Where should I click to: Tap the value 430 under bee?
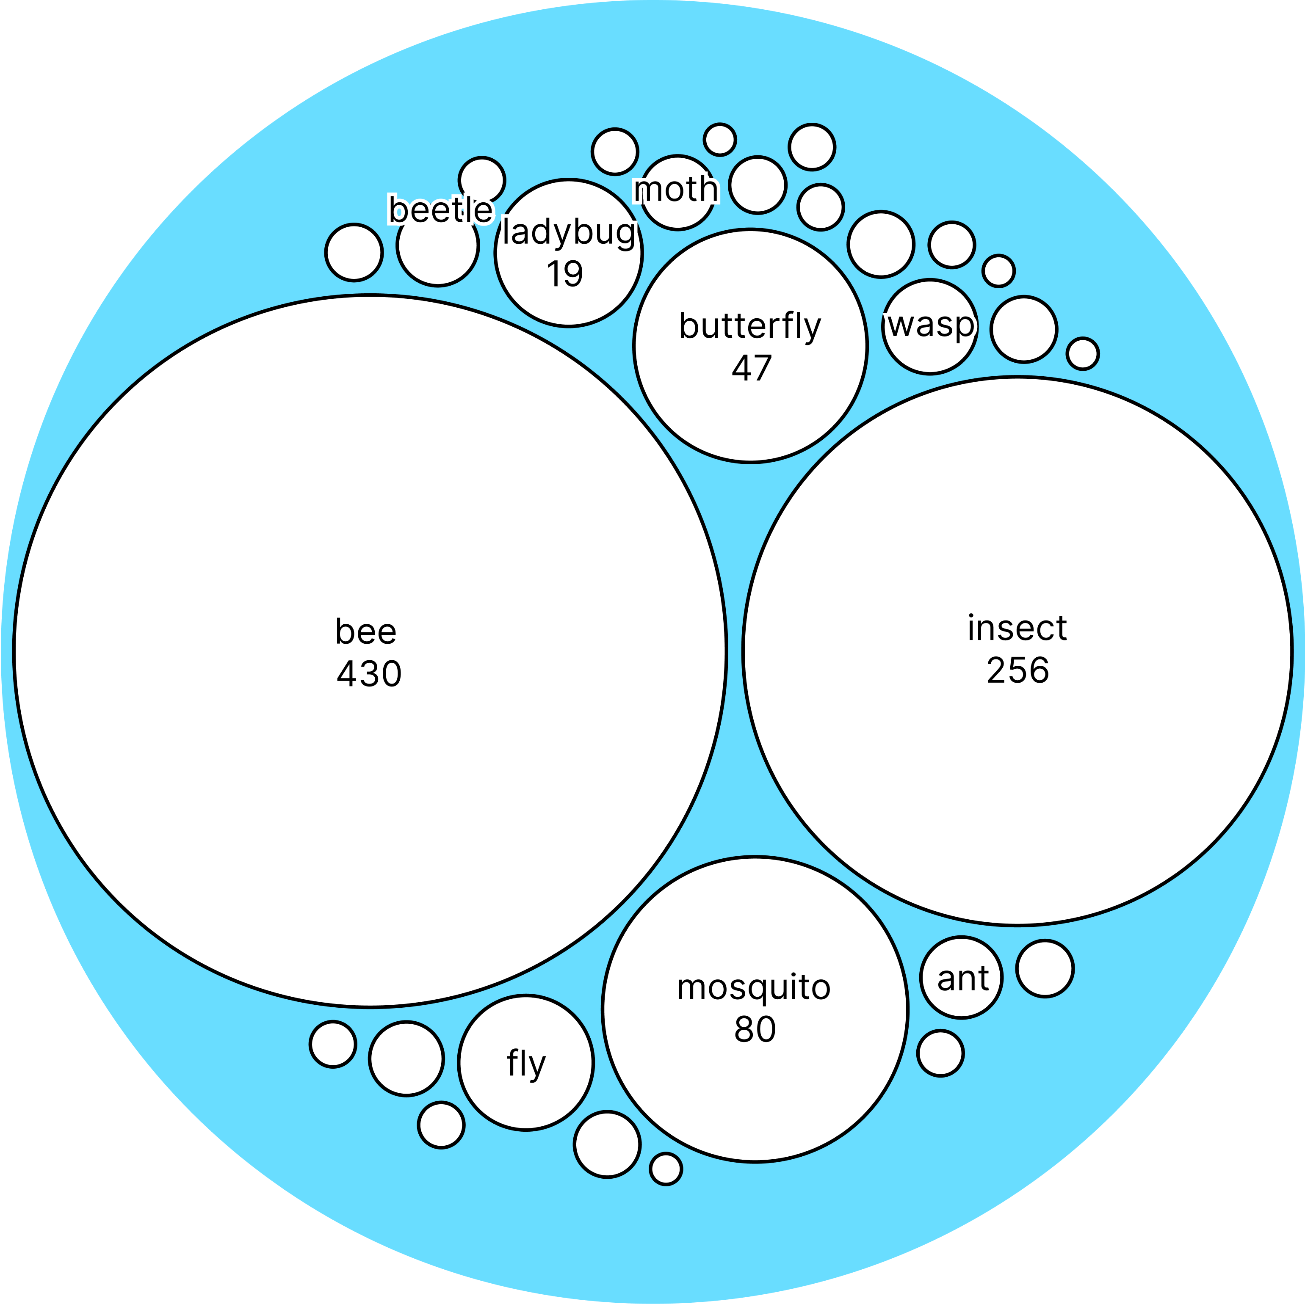tap(369, 674)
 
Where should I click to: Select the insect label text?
tap(1017, 629)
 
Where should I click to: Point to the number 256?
tap(1017, 670)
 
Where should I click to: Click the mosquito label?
tap(753, 987)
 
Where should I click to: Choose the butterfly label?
tap(750, 326)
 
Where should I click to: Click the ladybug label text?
tap(569, 233)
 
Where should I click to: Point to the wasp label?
tap(931, 325)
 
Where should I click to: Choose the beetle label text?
tap(440, 210)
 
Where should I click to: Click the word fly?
tap(525, 1064)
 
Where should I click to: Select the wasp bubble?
tap(931, 351)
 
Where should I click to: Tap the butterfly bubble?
tap(750, 419)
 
